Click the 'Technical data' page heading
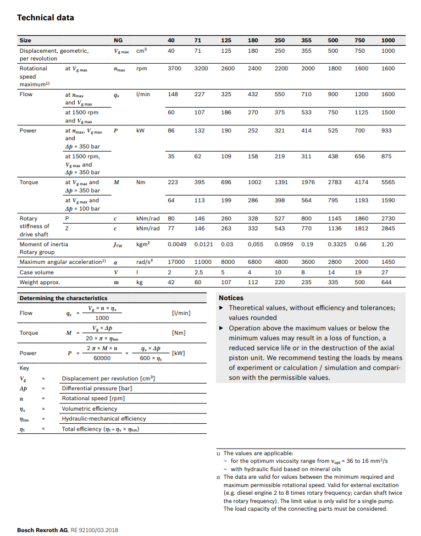(x=46, y=18)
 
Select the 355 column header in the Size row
(x=307, y=40)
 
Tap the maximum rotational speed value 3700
(x=174, y=69)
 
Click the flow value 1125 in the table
(x=361, y=112)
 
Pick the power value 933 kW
(x=387, y=131)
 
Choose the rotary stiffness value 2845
(x=388, y=228)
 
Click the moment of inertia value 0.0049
(x=178, y=244)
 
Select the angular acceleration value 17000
(x=176, y=262)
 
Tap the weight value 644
(x=387, y=282)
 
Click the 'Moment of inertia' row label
(x=44, y=244)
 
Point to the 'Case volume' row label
(x=37, y=272)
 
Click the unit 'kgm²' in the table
(x=143, y=244)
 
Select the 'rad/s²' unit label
(x=144, y=262)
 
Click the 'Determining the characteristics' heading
(x=63, y=298)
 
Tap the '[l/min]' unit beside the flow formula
(x=181, y=313)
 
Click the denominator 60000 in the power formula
(x=102, y=357)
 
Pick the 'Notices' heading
(x=231, y=298)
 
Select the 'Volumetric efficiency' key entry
(x=90, y=408)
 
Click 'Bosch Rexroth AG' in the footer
(x=42, y=530)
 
